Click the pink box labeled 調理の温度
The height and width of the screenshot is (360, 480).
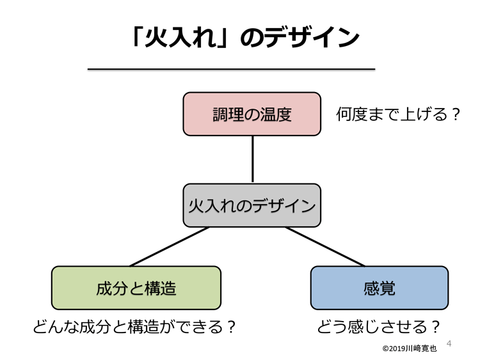click(x=252, y=114)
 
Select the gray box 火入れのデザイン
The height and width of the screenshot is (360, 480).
click(x=252, y=205)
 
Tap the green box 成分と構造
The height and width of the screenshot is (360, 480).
click(x=136, y=288)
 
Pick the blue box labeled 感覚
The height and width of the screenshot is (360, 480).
click(x=380, y=288)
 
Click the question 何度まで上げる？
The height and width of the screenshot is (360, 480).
click(x=398, y=114)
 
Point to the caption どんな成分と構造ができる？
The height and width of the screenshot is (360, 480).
click(x=134, y=327)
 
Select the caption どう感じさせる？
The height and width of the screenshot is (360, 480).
click(x=379, y=327)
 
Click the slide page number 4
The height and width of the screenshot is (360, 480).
click(x=449, y=343)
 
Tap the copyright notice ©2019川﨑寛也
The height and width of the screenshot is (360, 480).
click(x=410, y=348)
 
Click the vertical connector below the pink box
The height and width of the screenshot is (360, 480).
click(x=253, y=159)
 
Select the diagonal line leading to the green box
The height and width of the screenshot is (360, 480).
click(x=170, y=247)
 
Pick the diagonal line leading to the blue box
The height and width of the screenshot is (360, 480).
click(x=325, y=247)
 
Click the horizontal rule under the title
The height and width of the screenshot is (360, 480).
click(x=232, y=70)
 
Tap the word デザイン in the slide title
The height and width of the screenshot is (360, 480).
click(x=312, y=37)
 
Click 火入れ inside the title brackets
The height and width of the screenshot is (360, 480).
click(x=180, y=37)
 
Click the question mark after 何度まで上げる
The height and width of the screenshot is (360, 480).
click(x=456, y=114)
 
